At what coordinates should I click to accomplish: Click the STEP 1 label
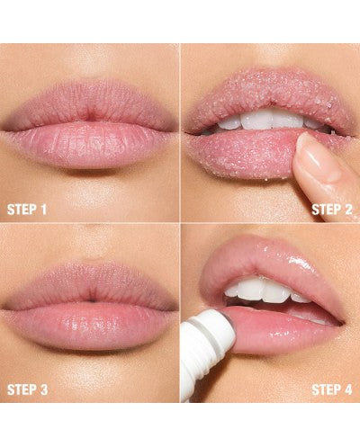pos(27,210)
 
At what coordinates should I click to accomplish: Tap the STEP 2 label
pos(332,210)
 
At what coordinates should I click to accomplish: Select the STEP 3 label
pos(27,389)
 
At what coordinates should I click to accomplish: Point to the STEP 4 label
pos(332,389)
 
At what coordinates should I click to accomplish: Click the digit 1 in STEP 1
pos(44,210)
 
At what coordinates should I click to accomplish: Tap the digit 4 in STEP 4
pos(347,389)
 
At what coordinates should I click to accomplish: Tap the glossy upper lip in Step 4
pos(270,258)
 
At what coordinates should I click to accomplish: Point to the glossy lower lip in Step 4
pos(285,328)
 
